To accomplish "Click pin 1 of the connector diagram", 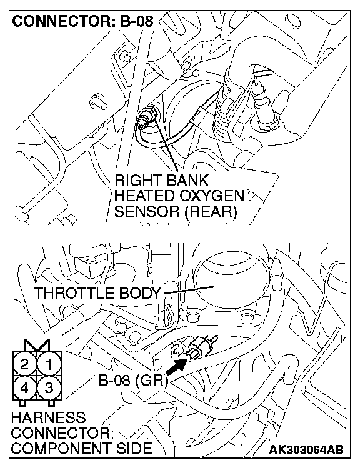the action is [49, 364].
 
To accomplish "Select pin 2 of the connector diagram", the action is [24, 364].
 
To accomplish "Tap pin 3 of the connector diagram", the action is [49, 388].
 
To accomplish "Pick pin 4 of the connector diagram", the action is [24, 388].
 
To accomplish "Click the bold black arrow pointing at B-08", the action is [177, 367].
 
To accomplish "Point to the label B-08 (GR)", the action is [133, 381].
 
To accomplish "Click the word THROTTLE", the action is [74, 293].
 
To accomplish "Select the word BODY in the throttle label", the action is [139, 293].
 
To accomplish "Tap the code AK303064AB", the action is [307, 449].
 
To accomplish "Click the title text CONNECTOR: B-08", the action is [83, 21].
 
